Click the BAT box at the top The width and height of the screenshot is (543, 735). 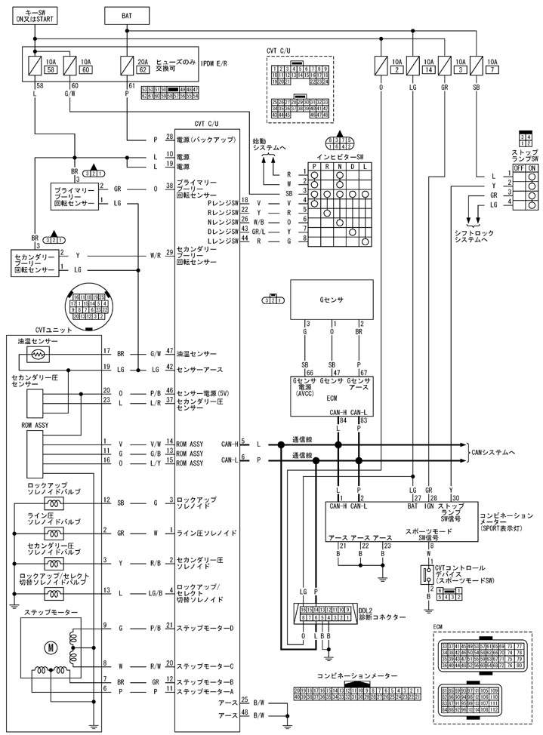(x=126, y=15)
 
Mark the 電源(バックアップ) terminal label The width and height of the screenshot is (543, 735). (x=207, y=140)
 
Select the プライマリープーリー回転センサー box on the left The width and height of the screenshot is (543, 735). (x=73, y=195)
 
